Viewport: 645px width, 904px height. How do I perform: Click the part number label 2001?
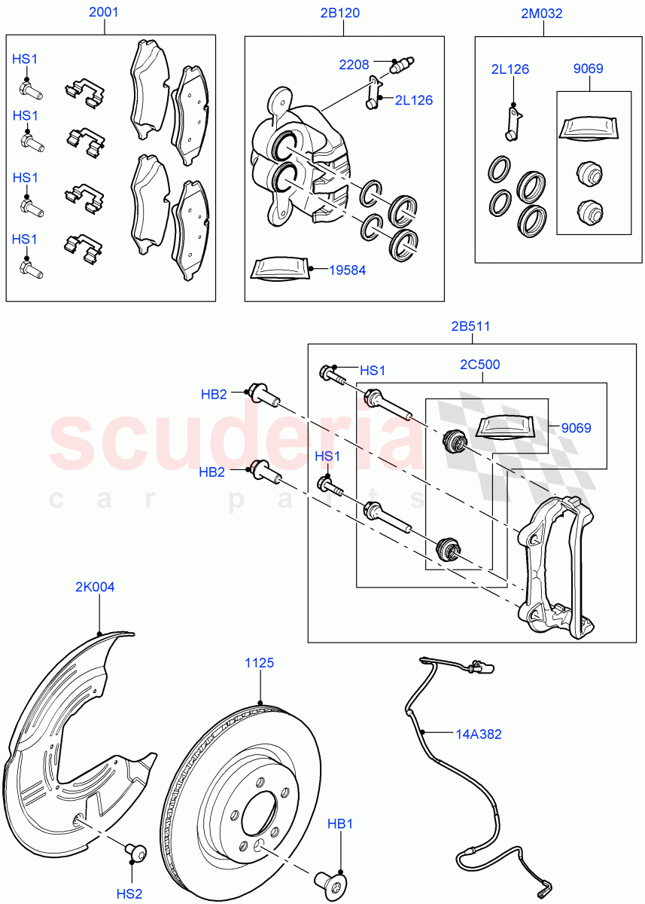coord(103,13)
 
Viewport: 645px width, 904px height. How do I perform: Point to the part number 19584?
coord(347,270)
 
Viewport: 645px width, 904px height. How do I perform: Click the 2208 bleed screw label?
coord(354,65)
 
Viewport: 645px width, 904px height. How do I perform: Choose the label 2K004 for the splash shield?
coord(95,587)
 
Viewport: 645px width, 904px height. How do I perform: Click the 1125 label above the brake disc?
coord(259,663)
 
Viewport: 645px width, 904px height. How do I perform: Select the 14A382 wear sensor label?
coord(478,733)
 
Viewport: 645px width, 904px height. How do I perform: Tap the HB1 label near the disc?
coord(340,824)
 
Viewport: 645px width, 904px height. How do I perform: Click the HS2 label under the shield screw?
coord(129,893)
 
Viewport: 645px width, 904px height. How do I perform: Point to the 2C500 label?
coord(480,365)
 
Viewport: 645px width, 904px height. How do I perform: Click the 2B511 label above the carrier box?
coord(470,326)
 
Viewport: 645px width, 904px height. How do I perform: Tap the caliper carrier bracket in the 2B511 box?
coord(557,561)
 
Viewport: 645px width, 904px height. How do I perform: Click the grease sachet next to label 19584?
coord(278,268)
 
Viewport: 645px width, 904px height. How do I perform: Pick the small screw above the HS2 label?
coord(136,852)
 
